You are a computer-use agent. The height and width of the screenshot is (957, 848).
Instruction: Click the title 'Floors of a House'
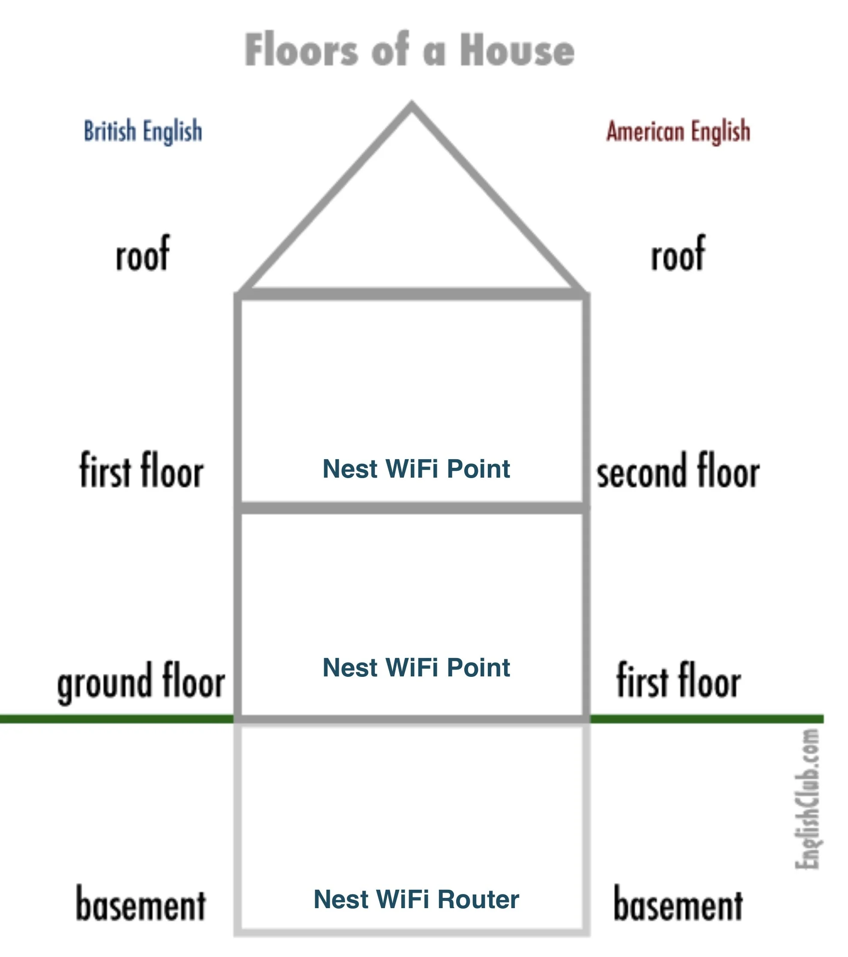pyautogui.click(x=409, y=50)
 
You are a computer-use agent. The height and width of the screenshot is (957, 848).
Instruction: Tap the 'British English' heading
pyautogui.click(x=143, y=131)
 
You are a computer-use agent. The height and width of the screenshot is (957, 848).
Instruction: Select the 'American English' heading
pyautogui.click(x=678, y=131)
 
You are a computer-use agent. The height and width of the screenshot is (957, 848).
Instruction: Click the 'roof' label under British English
pyautogui.click(x=142, y=255)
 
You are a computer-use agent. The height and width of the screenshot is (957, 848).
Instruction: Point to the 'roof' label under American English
pyautogui.click(x=678, y=255)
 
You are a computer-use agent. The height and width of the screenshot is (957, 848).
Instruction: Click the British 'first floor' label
pyautogui.click(x=141, y=470)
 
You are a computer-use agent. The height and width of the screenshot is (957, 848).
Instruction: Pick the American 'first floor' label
pyautogui.click(x=678, y=681)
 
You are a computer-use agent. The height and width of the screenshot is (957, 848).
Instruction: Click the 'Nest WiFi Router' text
pyautogui.click(x=416, y=899)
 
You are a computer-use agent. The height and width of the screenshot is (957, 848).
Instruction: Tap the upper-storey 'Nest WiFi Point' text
pyautogui.click(x=416, y=468)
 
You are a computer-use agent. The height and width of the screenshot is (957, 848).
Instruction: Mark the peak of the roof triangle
pyautogui.click(x=411, y=106)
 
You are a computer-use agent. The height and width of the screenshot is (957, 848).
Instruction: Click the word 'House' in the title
pyautogui.click(x=517, y=50)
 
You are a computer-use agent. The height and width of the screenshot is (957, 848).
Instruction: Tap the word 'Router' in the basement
pyautogui.click(x=478, y=899)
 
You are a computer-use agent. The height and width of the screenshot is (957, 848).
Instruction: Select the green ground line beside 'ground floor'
pyautogui.click(x=117, y=719)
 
